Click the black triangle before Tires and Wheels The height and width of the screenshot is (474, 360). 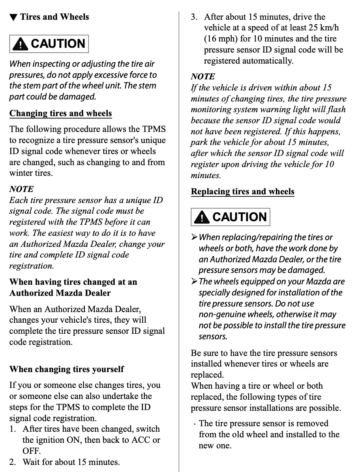coord(13,17)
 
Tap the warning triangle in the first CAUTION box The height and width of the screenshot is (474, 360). coord(20,44)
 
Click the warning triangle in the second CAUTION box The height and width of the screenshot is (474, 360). coord(202,217)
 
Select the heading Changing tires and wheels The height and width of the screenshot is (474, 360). coord(60,113)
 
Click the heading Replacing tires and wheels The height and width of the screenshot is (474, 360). coord(242,192)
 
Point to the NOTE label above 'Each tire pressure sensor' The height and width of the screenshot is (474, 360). coord(21,189)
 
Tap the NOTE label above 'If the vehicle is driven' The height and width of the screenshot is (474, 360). coord(203,77)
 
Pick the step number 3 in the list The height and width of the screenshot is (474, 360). coord(194,17)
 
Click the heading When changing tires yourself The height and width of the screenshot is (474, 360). coord(66,369)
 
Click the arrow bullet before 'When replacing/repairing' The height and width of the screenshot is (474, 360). coord(194,237)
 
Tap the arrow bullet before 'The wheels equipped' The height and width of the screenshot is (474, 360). coord(194,282)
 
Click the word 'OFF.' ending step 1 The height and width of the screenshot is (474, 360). coord(32,451)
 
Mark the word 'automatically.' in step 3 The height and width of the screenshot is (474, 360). coord(268,61)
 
